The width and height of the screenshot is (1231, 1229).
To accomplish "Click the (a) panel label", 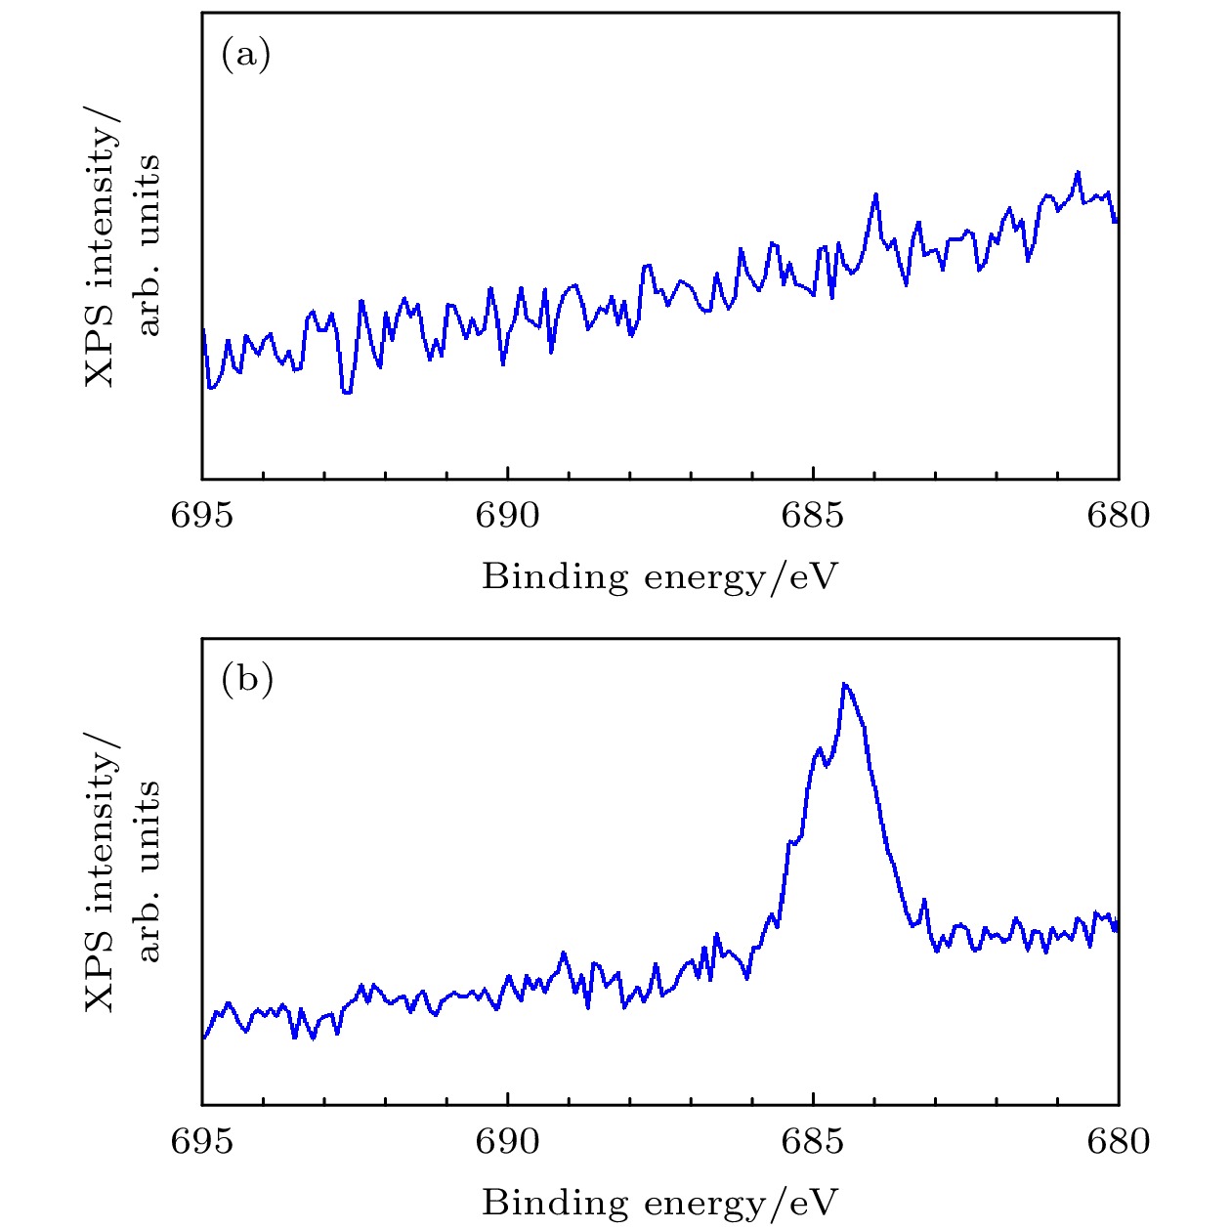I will pos(245,55).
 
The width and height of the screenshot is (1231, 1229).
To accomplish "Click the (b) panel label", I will pos(246,679).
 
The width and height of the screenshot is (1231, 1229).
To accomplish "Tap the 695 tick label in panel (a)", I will pos(202,515).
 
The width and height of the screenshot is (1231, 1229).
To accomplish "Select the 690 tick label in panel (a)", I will pos(507,515).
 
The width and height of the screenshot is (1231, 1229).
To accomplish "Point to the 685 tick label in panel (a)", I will pos(813,515).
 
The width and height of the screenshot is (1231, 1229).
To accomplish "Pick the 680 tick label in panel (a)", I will pos(1119,515).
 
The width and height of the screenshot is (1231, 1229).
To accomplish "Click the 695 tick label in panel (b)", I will pos(202,1140).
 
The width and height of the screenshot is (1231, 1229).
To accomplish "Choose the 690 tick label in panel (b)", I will pos(507,1140).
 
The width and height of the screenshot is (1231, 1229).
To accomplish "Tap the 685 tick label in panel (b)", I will pos(813,1140).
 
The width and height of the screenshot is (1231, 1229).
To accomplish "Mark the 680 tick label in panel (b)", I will pos(1119,1140).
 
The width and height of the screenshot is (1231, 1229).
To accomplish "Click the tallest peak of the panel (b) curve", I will pos(845,684).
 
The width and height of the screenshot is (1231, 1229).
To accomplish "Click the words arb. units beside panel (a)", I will pos(149,244).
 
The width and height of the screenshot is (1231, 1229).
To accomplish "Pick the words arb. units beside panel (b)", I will pos(149,869).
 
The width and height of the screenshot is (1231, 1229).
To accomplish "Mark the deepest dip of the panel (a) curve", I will pos(347,393).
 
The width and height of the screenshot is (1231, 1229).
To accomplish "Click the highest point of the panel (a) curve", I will pos(1079,173).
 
